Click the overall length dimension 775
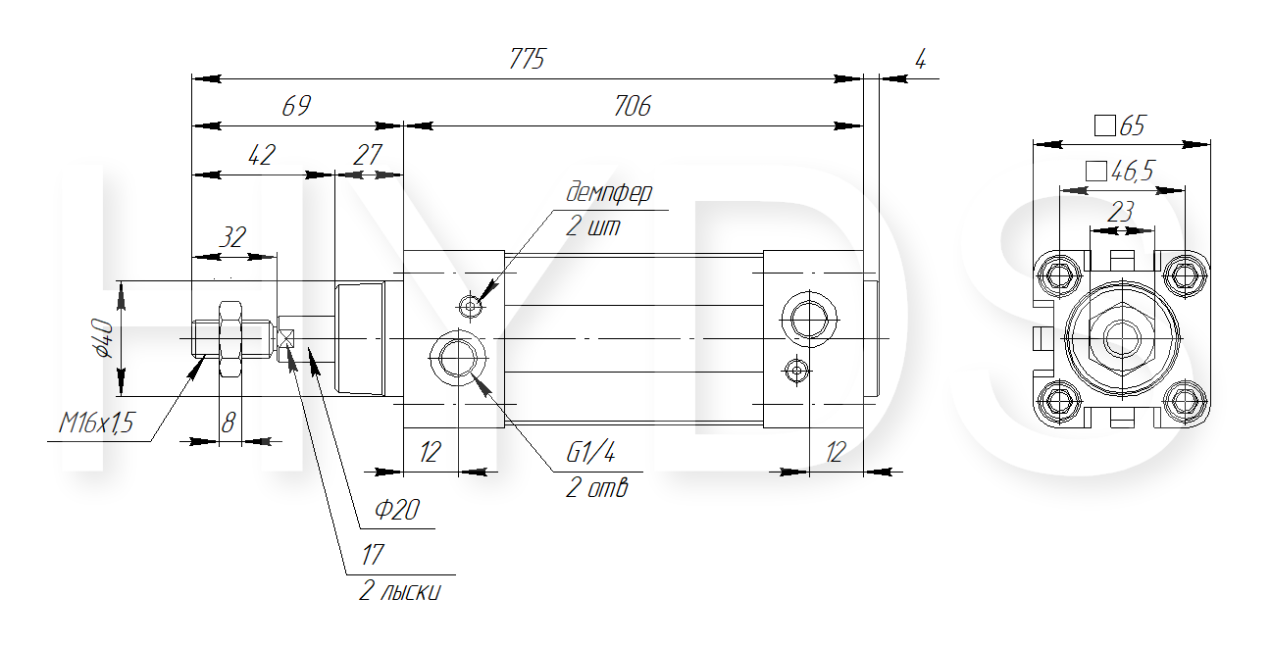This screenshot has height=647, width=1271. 527,59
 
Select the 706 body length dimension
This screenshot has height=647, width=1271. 632,107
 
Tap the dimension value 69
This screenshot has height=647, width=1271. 295,107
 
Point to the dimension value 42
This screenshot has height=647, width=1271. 262,155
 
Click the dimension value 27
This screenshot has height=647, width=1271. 367,155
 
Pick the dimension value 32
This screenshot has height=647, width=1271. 231,237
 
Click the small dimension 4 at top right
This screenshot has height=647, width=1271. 919,59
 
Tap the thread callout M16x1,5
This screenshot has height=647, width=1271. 95,423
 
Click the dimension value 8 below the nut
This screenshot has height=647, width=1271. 229,423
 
